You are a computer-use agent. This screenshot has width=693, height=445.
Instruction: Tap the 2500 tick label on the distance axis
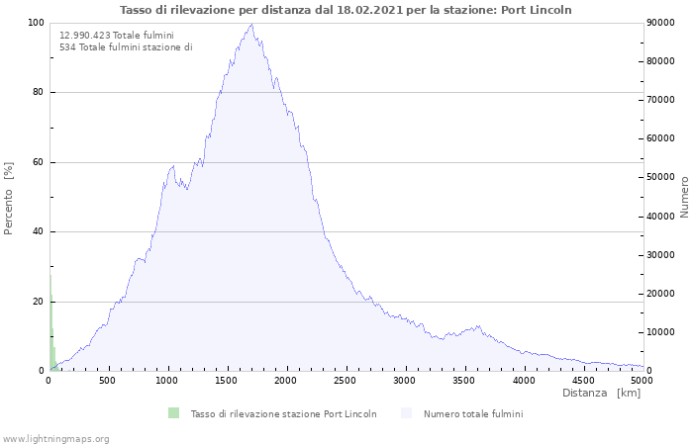click(x=346, y=380)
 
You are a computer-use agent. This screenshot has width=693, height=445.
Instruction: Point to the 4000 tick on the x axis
click(x=524, y=380)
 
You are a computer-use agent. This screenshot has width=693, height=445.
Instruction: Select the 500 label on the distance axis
click(x=108, y=380)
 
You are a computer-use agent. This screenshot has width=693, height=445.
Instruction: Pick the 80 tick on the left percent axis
click(x=38, y=93)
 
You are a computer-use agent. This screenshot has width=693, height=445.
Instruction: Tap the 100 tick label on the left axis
click(x=35, y=23)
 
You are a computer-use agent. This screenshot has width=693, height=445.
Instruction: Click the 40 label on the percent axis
click(x=38, y=232)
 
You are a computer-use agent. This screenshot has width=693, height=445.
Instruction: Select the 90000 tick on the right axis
click(x=661, y=23)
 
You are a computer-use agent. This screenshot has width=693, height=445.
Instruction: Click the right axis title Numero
click(x=684, y=196)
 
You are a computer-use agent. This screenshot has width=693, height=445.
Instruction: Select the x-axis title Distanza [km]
click(x=601, y=394)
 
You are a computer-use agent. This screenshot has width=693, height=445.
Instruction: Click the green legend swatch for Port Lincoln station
click(x=174, y=413)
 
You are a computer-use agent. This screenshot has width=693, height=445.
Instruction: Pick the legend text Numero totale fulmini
click(x=473, y=414)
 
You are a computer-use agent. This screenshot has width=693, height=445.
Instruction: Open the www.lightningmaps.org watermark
click(x=56, y=439)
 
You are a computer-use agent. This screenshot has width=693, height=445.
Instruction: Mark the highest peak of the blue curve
click(x=251, y=24)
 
